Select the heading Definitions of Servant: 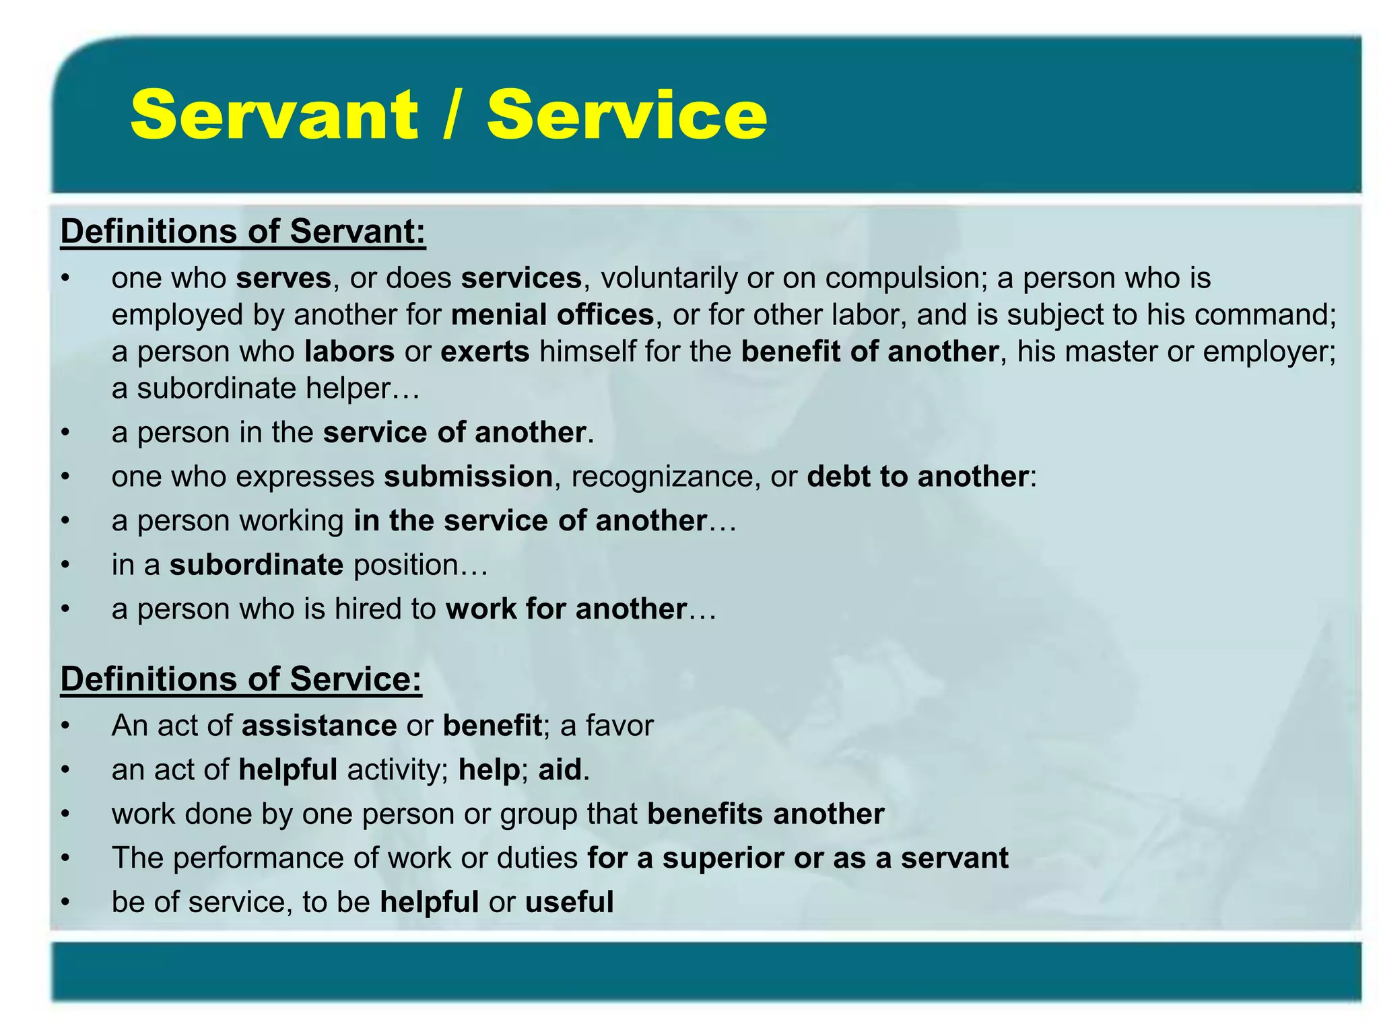coord(243,232)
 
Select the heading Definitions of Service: coord(241,679)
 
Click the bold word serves coord(283,278)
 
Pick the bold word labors coord(349,352)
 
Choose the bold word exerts coord(485,352)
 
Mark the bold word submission coord(469,477)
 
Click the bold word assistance coord(319,726)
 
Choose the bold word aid coord(560,769)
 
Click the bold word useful coord(569,902)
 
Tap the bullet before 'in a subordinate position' coord(65,565)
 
